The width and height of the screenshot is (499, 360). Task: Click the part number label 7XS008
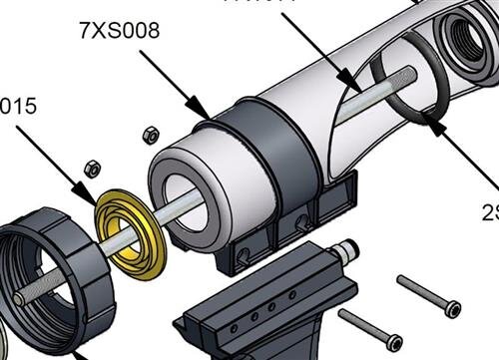click(x=119, y=30)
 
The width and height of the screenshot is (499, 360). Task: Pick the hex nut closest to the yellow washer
click(x=91, y=168)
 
